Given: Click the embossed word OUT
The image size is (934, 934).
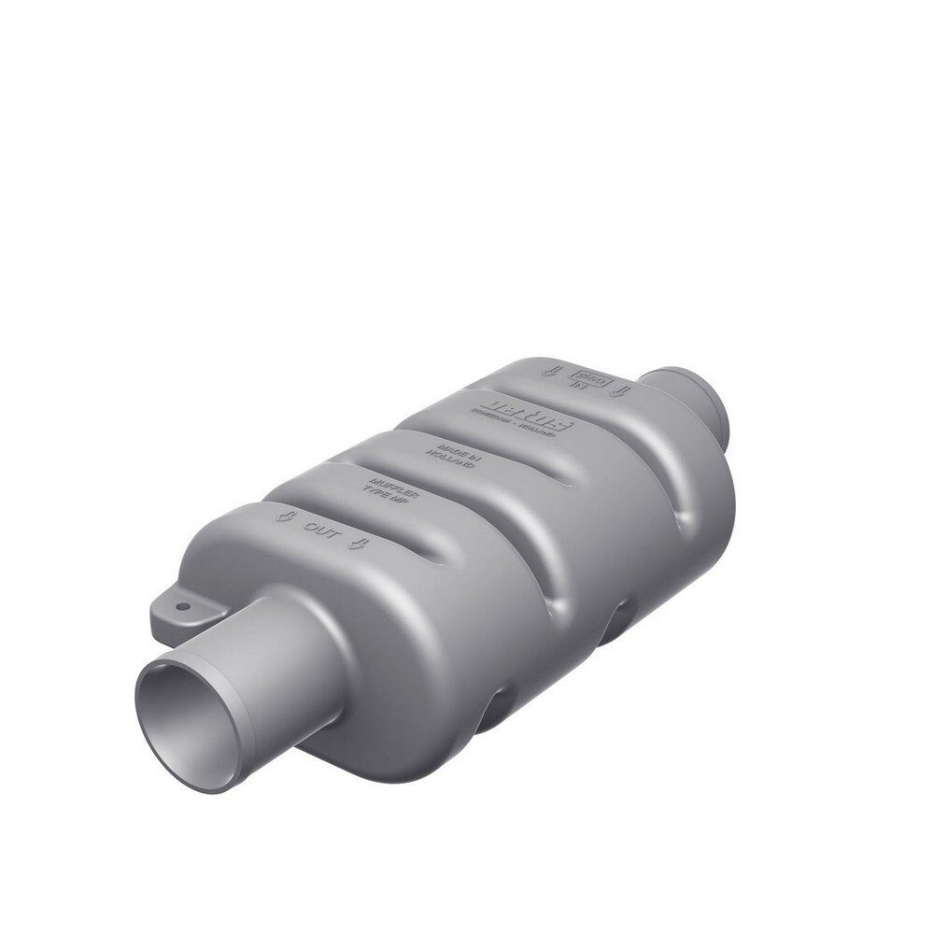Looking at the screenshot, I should coord(318,528).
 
